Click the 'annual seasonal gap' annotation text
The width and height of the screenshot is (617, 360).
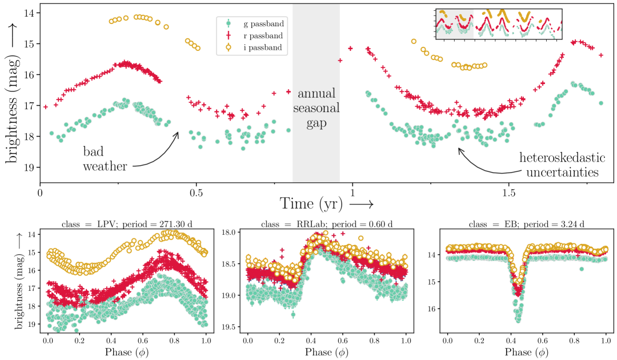(x=316, y=107)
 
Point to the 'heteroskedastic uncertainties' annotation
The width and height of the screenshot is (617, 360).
(x=559, y=165)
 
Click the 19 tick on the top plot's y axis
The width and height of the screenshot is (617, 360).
(x=29, y=167)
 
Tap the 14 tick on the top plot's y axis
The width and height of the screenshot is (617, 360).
(x=29, y=13)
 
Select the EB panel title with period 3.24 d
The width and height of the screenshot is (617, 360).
(x=526, y=224)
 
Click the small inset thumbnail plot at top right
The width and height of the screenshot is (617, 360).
(x=498, y=24)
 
